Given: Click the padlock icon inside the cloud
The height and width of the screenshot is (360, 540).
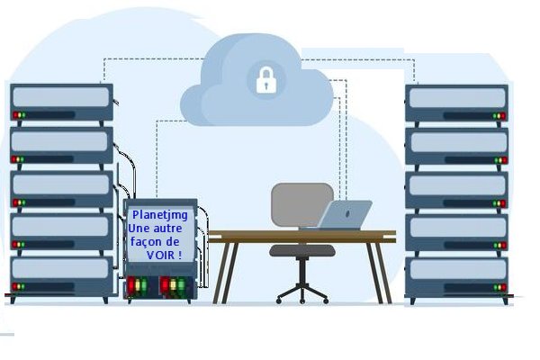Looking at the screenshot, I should click(265, 80).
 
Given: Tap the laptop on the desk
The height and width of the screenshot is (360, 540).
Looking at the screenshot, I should click(346, 215).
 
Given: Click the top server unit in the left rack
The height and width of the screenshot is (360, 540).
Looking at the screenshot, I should click(61, 102).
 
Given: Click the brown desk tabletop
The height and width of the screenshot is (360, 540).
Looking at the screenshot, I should click(301, 236).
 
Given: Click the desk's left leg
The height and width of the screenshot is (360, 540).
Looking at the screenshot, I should click(221, 270).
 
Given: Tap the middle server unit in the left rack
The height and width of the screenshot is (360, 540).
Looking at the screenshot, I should click(61, 188).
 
